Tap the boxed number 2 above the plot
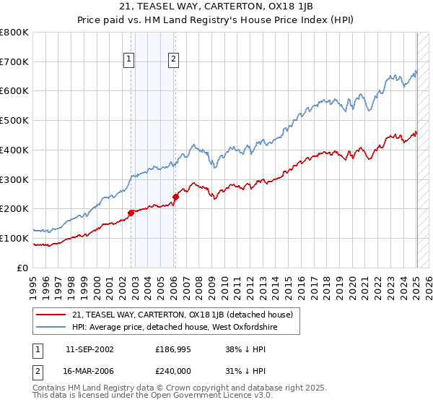tap(174, 60)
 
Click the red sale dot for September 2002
tap(131, 213)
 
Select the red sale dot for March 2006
tap(176, 196)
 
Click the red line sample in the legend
tap(52, 315)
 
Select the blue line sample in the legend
tap(52, 327)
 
